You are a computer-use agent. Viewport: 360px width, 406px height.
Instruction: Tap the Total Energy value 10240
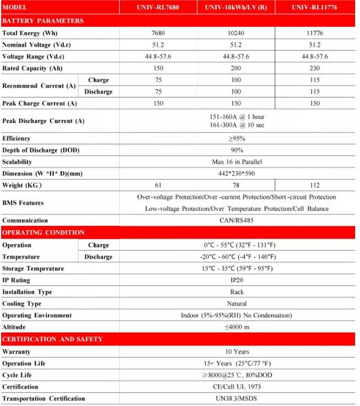pos(236,33)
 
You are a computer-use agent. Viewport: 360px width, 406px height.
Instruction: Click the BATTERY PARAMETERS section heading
pos(43,21)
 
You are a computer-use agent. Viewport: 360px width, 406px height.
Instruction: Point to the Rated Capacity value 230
pos(315,68)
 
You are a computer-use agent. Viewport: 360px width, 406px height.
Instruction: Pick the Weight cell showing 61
pos(158,185)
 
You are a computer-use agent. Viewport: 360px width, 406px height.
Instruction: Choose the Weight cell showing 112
pos(315,185)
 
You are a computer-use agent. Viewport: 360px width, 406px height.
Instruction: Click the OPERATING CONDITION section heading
pos(44,233)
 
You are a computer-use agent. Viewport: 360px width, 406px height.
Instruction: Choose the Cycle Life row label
pos(17,375)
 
